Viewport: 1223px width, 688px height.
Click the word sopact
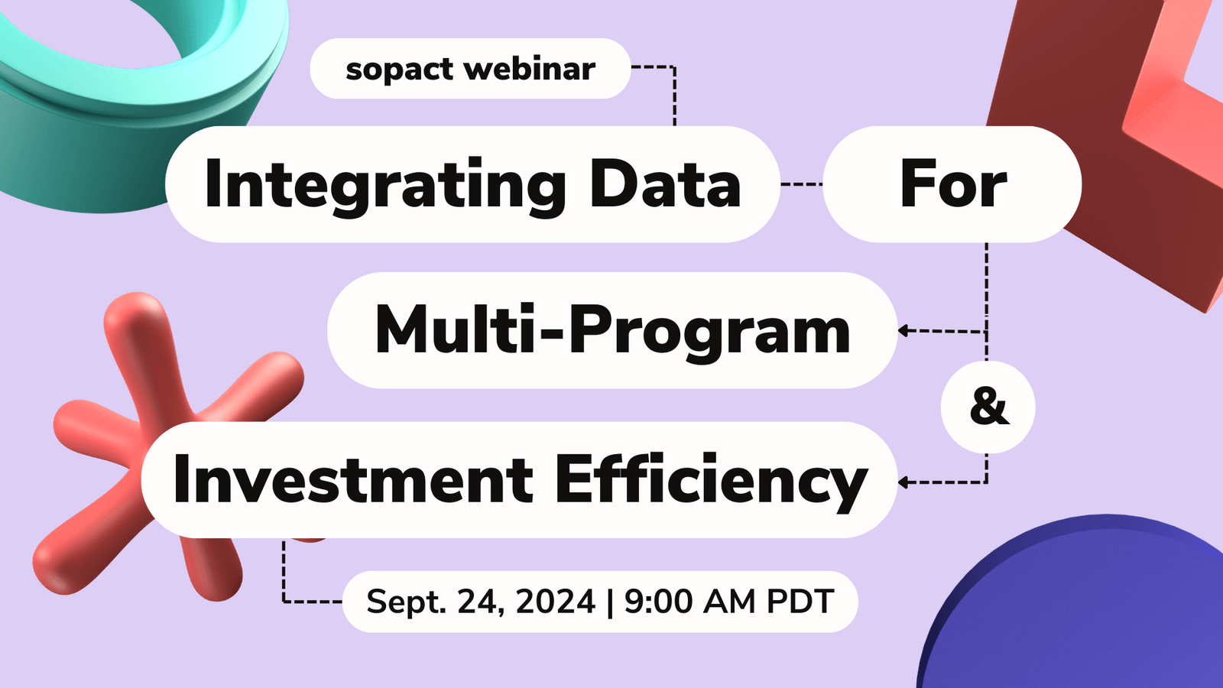tap(400, 70)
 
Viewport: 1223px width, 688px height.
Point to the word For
tap(953, 185)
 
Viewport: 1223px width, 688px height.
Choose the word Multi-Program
tap(612, 331)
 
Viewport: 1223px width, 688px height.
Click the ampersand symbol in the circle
tap(988, 407)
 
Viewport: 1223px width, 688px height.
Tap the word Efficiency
tap(711, 480)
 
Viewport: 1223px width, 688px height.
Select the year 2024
tap(555, 602)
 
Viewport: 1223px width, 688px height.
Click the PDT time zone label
tap(800, 602)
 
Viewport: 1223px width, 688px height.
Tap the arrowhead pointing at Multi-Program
tap(903, 331)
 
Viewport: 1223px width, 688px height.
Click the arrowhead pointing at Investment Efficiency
tap(903, 482)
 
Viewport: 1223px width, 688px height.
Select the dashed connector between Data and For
tap(802, 184)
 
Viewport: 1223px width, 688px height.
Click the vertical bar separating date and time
tap(609, 602)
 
